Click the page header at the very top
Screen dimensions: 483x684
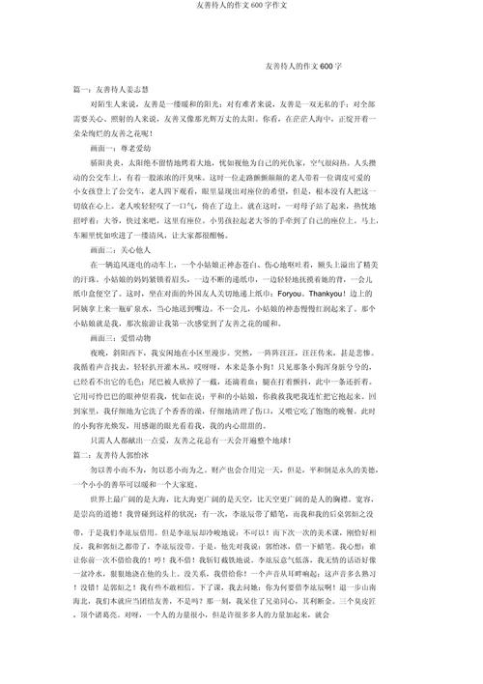241,6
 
